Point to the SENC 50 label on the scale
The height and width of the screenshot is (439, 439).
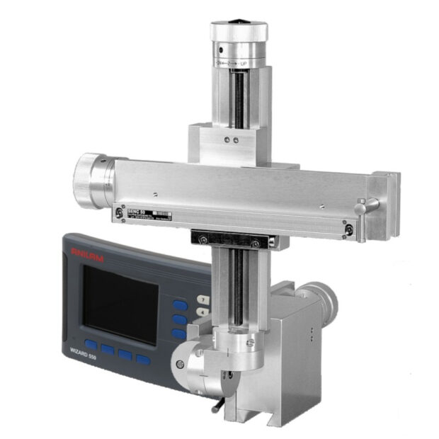[136, 212]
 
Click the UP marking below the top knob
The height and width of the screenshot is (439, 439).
[243, 64]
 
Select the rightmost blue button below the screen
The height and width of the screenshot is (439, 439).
[143, 359]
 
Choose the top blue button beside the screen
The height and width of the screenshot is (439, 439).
[181, 305]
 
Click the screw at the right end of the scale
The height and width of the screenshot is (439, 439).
[349, 228]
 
